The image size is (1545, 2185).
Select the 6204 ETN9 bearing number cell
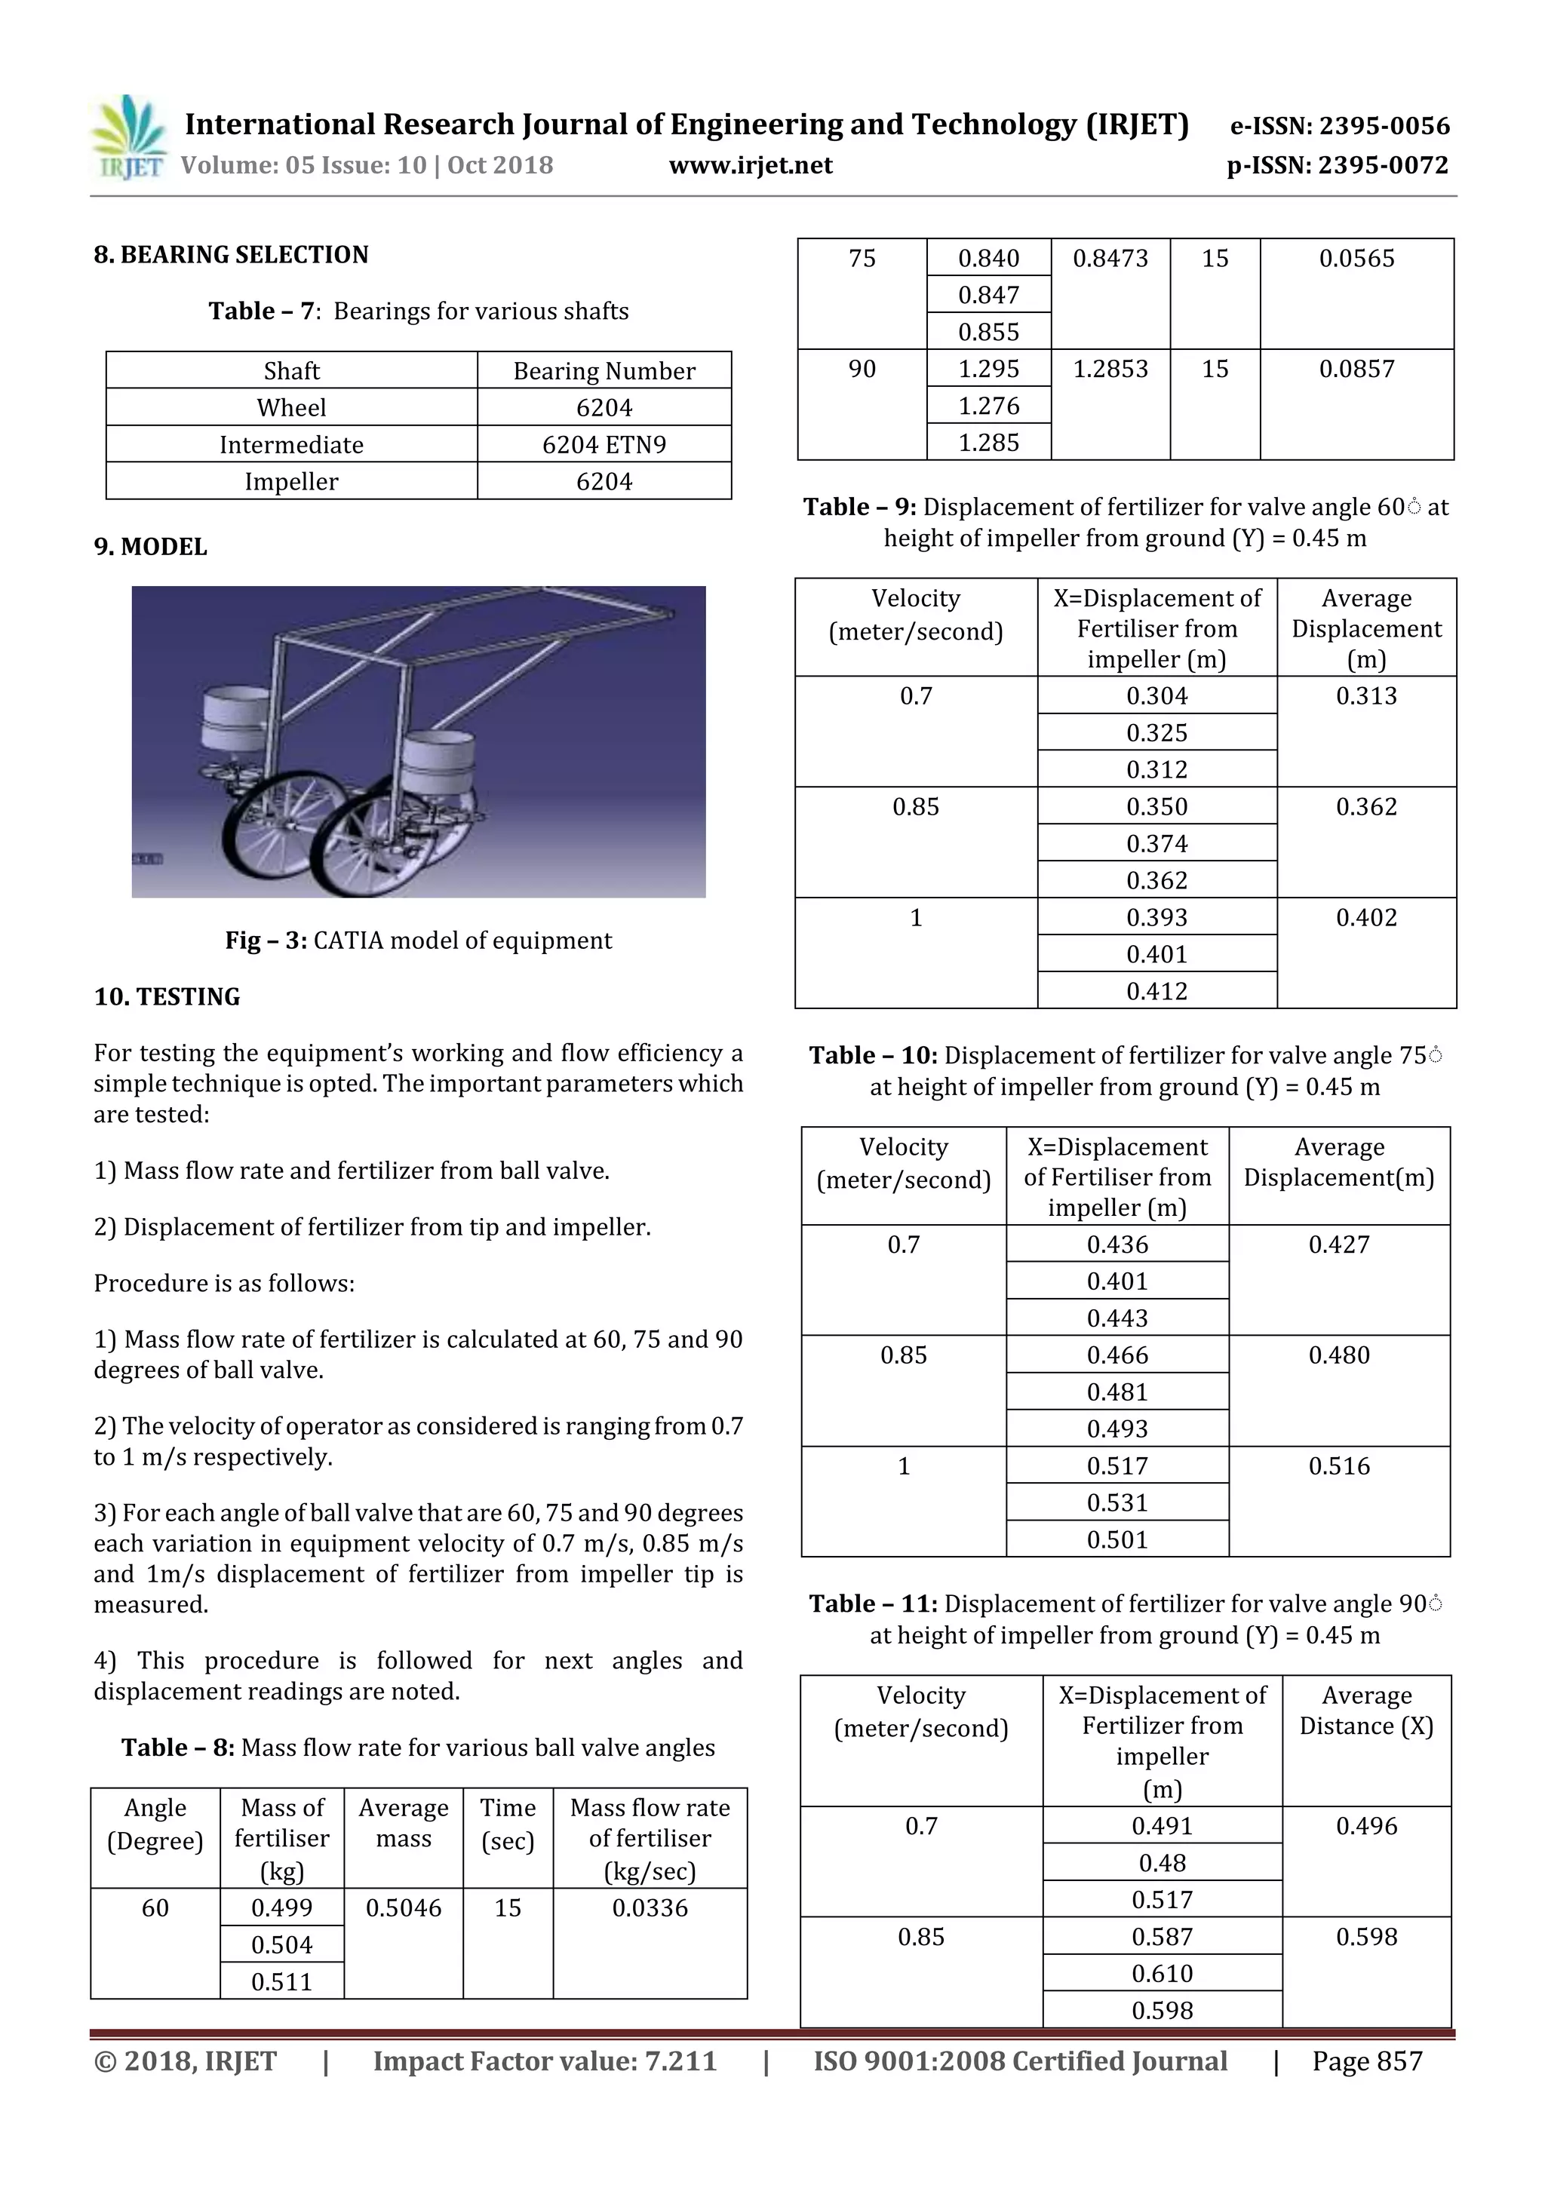pos(604,444)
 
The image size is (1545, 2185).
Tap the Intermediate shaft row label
pos(291,444)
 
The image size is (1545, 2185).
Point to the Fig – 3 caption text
pos(418,941)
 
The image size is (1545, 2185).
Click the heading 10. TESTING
pos(167,996)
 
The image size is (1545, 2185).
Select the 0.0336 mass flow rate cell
pos(650,1907)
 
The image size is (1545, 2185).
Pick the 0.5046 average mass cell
pos(404,1907)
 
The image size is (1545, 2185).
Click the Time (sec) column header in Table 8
pos(508,1824)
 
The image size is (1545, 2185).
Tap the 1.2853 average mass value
pos(1110,370)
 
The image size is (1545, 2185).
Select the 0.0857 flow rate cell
pos(1356,370)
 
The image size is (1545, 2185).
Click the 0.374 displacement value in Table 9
pos(1156,843)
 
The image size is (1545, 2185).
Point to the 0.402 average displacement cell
pos(1366,917)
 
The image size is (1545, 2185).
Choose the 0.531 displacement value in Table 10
pos(1117,1502)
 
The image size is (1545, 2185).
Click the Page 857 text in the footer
pos(1366,2061)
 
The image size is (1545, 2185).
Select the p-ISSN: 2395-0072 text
pos(1338,166)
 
